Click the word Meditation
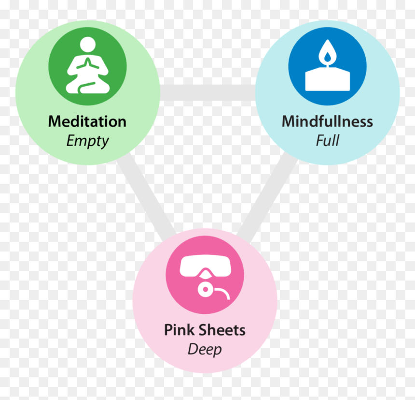[87, 121]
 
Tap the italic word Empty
[87, 141]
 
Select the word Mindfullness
[327, 121]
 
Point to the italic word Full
[327, 140]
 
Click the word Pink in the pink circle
[179, 330]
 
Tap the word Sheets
[222, 330]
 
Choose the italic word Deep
[205, 350]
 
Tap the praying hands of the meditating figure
[88, 64]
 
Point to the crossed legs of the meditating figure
[88, 86]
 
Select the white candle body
[327, 79]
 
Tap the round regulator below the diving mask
[205, 289]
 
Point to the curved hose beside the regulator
[222, 293]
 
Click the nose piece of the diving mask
[205, 274]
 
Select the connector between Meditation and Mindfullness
[208, 93]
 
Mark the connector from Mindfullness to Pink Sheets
[267, 196]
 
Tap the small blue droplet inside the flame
[327, 56]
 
